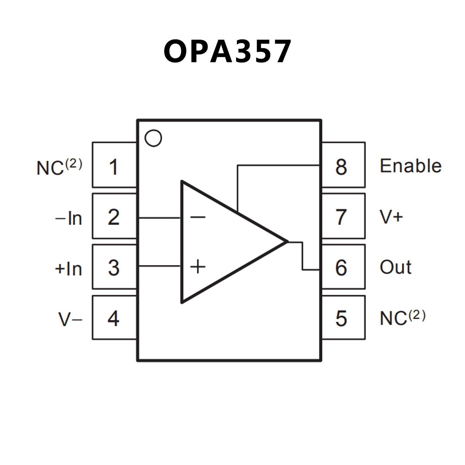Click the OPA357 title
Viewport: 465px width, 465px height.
[x=227, y=51]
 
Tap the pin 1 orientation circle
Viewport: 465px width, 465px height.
[x=153, y=138]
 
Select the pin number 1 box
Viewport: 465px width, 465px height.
[x=114, y=165]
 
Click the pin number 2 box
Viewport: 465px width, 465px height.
[x=114, y=216]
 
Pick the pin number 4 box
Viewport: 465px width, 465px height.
[x=114, y=318]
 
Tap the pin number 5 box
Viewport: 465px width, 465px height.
[x=343, y=318]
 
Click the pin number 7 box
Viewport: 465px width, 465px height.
[x=343, y=216]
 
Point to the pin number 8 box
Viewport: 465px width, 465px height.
[x=343, y=165]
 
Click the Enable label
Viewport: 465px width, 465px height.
[x=410, y=166]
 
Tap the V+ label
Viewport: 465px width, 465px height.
[x=391, y=217]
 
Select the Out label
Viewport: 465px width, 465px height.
[x=395, y=267]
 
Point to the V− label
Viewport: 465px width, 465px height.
[x=70, y=319]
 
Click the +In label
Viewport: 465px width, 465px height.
[x=68, y=268]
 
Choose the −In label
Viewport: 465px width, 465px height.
[x=68, y=218]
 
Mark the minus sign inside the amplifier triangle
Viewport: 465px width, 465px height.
[x=198, y=217]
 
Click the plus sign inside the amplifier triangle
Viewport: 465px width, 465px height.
[x=198, y=267]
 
